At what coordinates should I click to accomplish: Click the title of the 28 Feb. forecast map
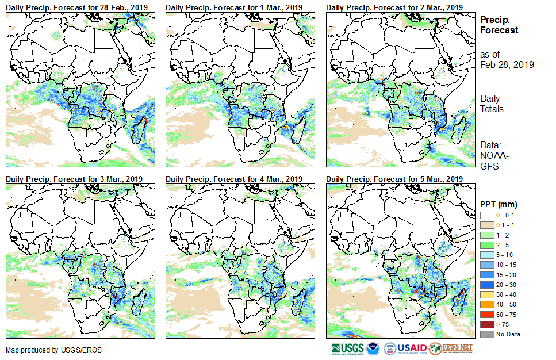(x=77, y=7)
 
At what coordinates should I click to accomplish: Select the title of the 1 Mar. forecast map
(x=235, y=7)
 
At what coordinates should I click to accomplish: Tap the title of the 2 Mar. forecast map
(x=394, y=7)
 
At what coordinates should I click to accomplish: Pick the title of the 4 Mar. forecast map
(x=235, y=179)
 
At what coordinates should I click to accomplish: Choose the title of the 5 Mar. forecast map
(x=394, y=179)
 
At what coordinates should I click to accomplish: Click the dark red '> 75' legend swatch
(x=486, y=324)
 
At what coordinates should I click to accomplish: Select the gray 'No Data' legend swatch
(x=486, y=334)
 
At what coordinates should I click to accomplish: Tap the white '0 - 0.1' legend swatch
(x=486, y=215)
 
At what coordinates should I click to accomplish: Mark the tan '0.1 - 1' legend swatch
(x=486, y=225)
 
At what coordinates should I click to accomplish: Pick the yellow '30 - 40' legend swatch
(x=486, y=294)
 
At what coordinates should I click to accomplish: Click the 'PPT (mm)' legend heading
(x=499, y=204)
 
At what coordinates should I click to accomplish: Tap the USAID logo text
(x=412, y=348)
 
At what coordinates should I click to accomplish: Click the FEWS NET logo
(x=451, y=348)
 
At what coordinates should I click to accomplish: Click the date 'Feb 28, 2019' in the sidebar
(x=507, y=64)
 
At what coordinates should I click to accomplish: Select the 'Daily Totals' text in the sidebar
(x=492, y=104)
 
